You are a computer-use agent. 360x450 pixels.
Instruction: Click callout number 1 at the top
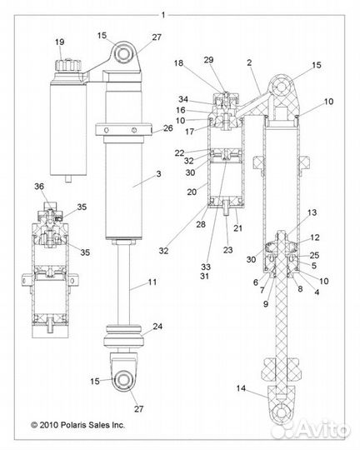164,14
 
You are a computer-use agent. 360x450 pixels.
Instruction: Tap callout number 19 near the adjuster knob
59,42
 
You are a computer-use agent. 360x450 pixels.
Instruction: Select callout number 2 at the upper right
248,62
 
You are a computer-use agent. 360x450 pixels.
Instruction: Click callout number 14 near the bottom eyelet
242,388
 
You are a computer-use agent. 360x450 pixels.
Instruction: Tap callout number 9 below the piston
266,303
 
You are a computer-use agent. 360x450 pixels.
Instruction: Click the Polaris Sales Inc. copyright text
79,424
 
